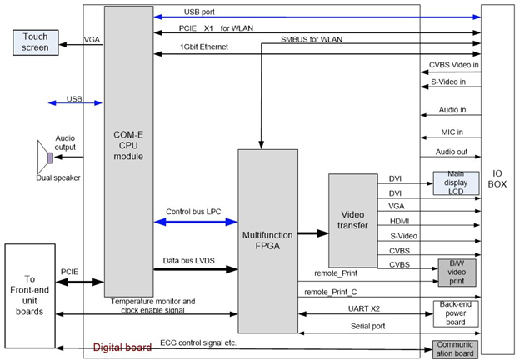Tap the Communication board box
(455, 348)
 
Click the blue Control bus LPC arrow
(196, 222)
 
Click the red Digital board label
(122, 347)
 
